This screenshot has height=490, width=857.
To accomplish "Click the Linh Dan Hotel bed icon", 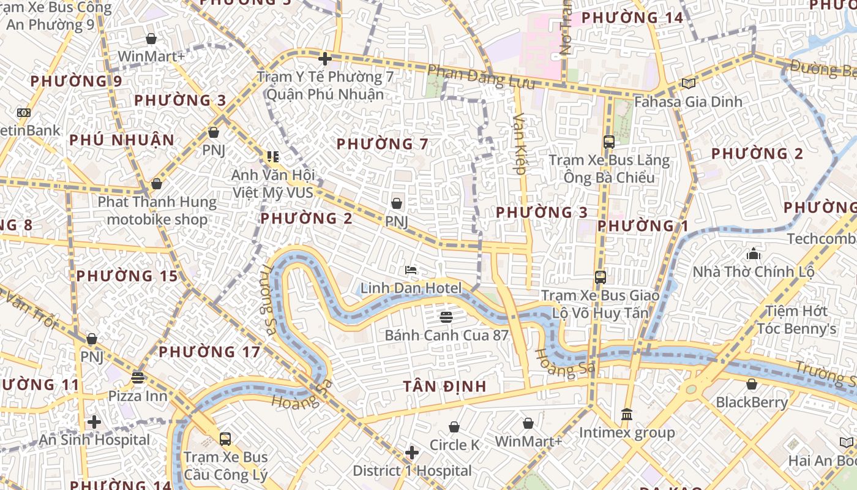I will (411, 270).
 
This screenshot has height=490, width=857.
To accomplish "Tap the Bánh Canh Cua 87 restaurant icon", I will (446, 317).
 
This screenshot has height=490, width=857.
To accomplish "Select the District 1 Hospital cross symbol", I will (412, 453).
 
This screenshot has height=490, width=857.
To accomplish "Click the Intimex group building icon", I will (626, 415).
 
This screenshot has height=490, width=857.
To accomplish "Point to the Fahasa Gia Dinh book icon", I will (688, 83).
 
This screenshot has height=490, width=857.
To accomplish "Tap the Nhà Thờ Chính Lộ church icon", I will (753, 253).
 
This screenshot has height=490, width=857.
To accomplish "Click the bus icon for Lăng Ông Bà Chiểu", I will (608, 142).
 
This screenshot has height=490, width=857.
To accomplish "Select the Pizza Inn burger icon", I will (138, 378).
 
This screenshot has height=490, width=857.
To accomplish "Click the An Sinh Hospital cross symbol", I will (94, 422).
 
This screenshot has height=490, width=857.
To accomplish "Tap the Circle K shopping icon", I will (454, 427).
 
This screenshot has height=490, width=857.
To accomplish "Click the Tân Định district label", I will (445, 386).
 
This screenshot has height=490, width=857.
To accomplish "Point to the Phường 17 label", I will (209, 352).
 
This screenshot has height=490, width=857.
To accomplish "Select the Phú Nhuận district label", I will (122, 140).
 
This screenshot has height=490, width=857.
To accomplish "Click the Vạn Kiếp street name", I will (520, 144).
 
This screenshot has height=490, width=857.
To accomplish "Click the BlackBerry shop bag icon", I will (751, 385).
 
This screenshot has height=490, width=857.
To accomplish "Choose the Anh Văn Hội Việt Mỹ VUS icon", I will (272, 157).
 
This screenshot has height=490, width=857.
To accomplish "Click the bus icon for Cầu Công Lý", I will (225, 439).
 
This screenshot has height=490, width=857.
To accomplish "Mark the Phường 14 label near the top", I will (632, 18).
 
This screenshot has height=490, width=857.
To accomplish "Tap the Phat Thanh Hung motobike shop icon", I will (157, 184).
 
